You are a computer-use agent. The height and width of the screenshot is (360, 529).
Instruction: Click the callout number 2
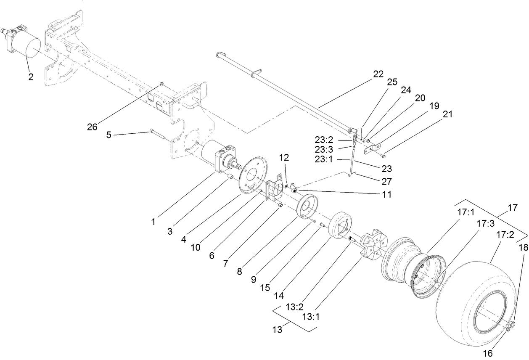tap(31, 77)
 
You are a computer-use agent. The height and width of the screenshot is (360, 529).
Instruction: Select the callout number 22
tap(378, 74)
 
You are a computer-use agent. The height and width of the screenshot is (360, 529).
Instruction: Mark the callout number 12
tap(284, 158)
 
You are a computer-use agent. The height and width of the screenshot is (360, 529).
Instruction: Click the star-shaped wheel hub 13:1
tap(372, 248)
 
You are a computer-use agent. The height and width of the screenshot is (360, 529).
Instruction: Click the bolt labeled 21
tap(383, 156)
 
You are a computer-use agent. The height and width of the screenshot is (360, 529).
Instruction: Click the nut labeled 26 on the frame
tap(161, 85)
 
